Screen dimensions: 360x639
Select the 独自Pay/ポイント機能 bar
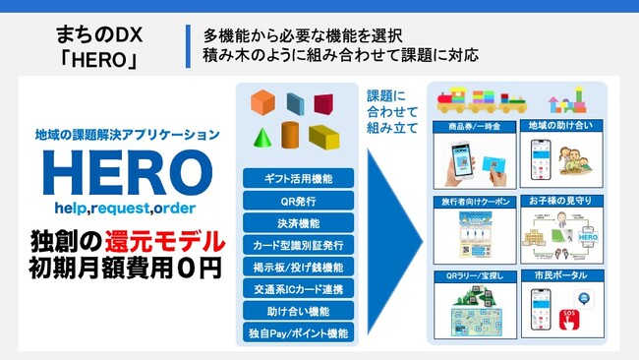298,333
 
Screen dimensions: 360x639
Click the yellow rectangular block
323,137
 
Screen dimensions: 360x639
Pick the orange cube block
262,101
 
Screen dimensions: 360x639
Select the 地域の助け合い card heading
560,128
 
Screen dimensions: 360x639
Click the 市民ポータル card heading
560,276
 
